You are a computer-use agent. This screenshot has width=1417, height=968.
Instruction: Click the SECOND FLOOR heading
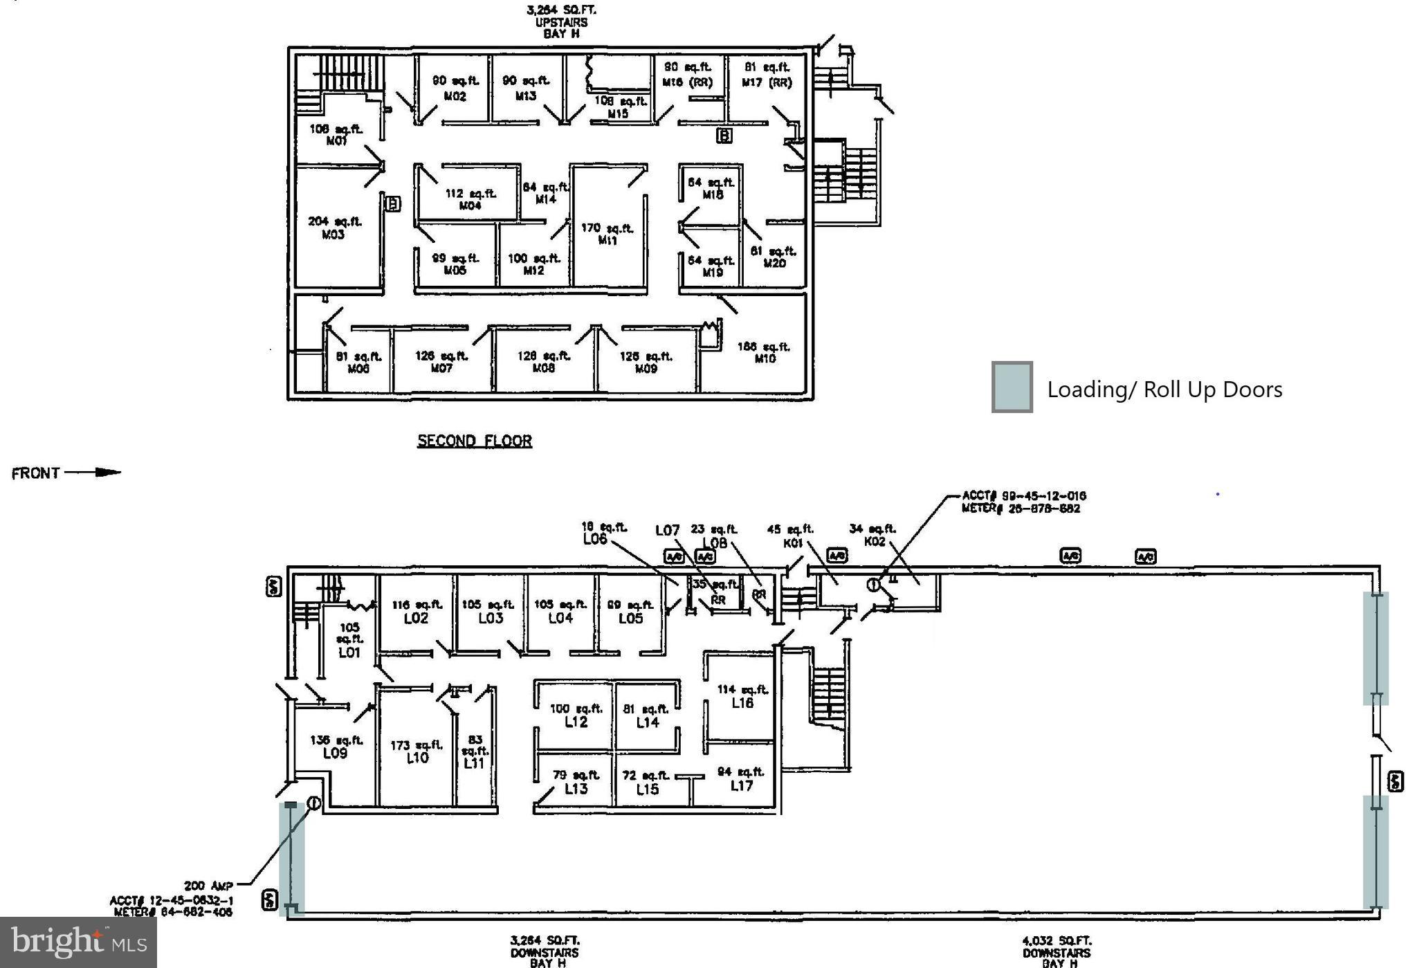pos(474,441)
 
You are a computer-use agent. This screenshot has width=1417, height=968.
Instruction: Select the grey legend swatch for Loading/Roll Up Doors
pos(1012,387)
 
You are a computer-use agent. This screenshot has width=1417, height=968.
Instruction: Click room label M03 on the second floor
pos(333,235)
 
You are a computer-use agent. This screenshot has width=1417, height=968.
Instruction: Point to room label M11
pos(607,241)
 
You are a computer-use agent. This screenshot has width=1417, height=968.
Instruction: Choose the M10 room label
pos(765,358)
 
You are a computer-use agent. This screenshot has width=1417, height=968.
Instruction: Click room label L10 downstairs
pos(417,758)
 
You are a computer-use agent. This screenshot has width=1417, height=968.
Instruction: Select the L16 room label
pos(742,702)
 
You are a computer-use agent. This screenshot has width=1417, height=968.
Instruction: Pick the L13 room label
pos(576,788)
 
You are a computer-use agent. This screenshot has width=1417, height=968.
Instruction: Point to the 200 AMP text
pos(208,886)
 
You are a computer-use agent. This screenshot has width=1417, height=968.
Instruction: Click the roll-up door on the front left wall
pos(291,858)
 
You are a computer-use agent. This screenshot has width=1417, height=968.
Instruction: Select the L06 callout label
pos(595,538)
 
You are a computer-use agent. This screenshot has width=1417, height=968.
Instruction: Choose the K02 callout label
pos(875,541)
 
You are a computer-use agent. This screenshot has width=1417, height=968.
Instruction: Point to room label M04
pos(470,206)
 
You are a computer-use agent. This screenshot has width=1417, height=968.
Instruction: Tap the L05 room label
pos(630,618)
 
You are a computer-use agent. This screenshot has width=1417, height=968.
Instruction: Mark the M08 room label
pos(544,368)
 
